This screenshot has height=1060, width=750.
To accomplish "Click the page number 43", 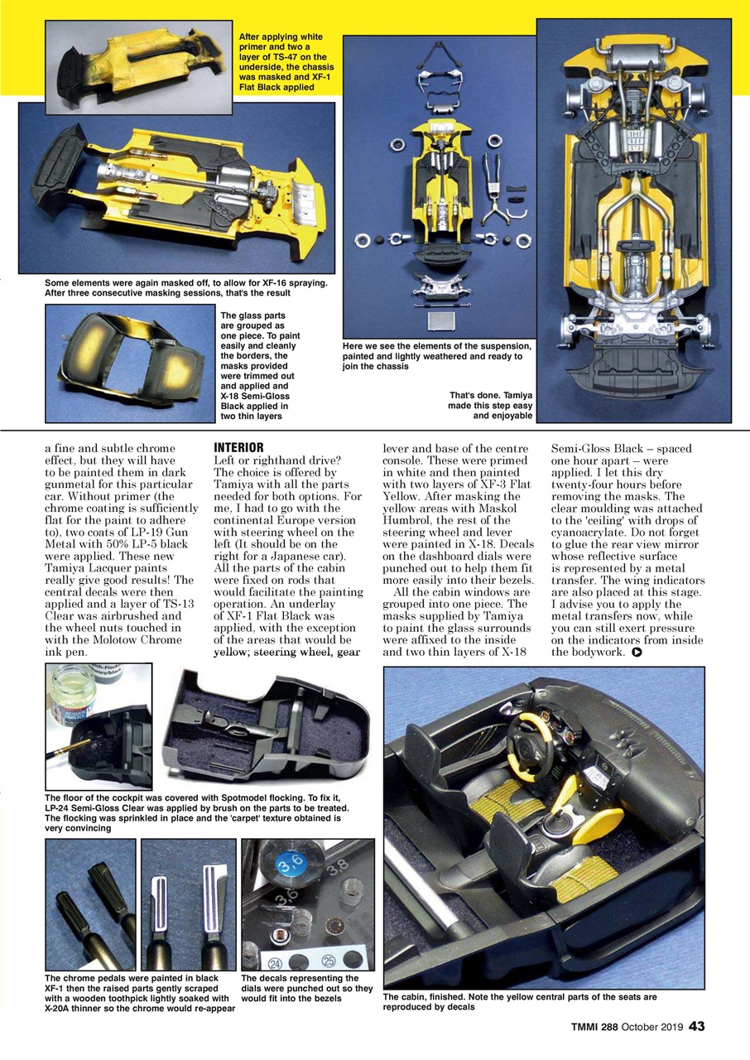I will (697, 1027).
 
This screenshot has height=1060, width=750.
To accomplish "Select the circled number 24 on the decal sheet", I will (275, 962).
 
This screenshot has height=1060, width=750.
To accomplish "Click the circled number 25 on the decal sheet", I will (327, 962).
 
